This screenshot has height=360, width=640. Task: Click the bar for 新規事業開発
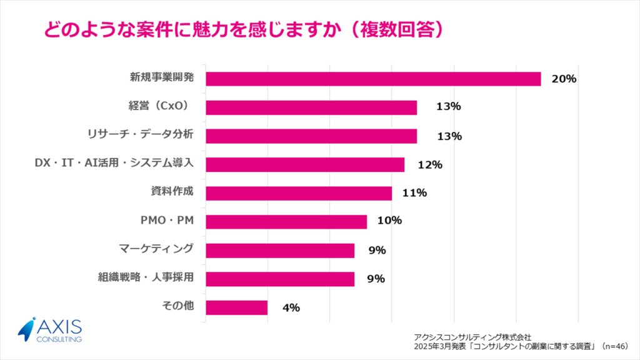coord(373,79)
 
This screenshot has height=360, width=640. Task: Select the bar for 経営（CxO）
coord(311,107)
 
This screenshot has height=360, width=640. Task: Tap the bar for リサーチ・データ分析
coord(311,136)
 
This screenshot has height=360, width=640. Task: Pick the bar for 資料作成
coord(299,193)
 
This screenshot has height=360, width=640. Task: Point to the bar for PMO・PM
coord(286,222)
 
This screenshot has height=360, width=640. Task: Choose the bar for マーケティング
coord(280,251)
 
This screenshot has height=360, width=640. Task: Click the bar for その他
coord(236,307)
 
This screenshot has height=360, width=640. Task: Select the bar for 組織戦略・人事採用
coord(280,279)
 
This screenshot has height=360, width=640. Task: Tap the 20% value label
coord(563,79)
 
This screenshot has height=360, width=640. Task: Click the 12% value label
coord(430,165)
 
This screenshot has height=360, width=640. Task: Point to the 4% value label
coord(291,307)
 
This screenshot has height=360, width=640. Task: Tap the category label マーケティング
coord(156,249)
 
